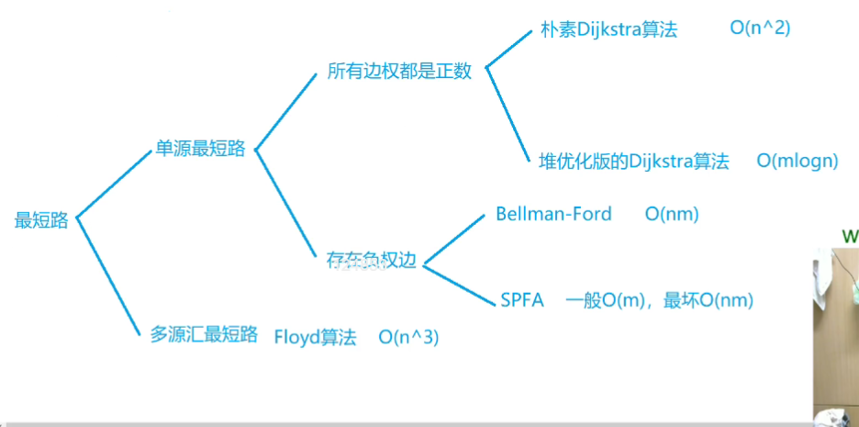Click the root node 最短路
pos(41,220)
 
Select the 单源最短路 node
pos(201,149)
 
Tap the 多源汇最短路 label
pos(204,334)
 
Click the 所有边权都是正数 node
pos(399,71)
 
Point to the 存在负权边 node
pos(371,261)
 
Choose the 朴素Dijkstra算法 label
pos(608,28)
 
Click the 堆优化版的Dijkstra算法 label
pos(633,162)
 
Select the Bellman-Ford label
pos(553,214)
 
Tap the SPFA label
pos(522,300)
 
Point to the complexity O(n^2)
pos(760,28)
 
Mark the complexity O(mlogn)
pos(798,162)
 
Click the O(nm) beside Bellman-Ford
pos(672,214)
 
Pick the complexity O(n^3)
pos(408,337)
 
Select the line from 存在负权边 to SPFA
pos(457,281)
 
